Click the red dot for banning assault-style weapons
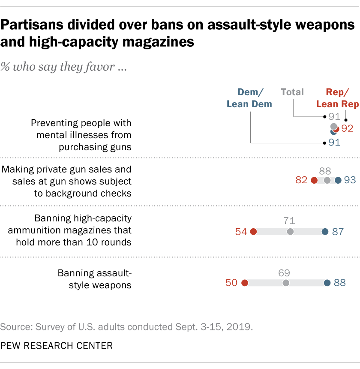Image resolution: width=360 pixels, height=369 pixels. pos(245,283)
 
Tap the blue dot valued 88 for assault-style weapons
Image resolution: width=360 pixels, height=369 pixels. pos(327,283)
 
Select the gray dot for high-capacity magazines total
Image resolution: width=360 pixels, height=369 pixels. pos(290,232)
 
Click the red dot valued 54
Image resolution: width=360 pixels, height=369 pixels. pos(253,232)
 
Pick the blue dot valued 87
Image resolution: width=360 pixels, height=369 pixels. pos(325,232)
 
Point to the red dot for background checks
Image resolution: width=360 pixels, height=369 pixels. pos(314,180)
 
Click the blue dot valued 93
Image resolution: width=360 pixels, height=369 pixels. pos(338,180)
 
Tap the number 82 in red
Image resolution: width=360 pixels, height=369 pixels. pos(301,180)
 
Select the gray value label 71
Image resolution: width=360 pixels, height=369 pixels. pos(290,221)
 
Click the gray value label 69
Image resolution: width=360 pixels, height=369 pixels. pos(284,272)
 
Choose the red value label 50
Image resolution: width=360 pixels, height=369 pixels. pos(232,283)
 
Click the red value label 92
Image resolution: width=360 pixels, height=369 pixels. pos(347,129)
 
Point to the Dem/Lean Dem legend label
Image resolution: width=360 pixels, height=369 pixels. pos(249,98)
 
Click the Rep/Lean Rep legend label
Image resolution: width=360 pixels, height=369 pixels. pos(337,98)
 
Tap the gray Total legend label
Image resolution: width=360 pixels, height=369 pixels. pos(292,92)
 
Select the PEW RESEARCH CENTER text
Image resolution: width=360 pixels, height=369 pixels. pos(57,346)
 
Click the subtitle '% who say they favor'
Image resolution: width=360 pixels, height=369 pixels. pos(63,67)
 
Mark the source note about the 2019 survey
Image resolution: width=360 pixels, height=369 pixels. pos(126,327)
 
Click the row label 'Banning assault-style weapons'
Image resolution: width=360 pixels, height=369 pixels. pos(94,279)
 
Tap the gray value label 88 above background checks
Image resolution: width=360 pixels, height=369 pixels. pos(327,170)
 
